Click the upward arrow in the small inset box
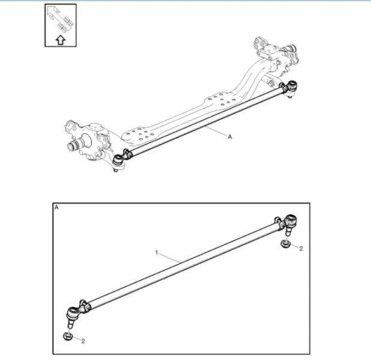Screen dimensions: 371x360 point(61,40)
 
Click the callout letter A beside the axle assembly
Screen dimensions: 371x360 point(230,136)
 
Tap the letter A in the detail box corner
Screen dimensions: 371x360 point(56,208)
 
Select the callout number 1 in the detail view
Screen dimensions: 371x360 point(157,253)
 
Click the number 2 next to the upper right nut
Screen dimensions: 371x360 point(301,248)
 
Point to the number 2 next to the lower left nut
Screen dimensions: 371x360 point(83,341)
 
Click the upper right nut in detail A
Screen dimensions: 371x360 point(285,244)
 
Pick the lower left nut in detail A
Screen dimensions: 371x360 point(67,337)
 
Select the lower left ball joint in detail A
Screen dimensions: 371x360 point(73,317)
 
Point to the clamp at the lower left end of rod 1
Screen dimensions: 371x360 point(84,307)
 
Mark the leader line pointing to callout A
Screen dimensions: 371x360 point(216,131)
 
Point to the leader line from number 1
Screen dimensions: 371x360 point(169,258)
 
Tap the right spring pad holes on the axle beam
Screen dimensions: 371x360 point(222,100)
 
